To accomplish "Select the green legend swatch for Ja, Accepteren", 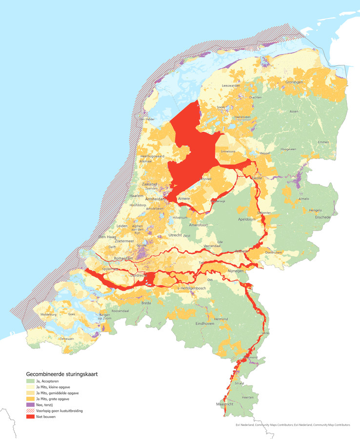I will pos(31,381).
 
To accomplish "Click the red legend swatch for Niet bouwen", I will pos(31,417).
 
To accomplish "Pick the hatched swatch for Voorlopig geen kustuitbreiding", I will pos(31,411).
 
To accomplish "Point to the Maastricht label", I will pos(225,404).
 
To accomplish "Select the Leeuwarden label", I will pos(232,85).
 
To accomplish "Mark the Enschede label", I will pos(322,217).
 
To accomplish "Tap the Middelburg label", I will pos(49,315).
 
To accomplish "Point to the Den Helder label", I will pos(148,119).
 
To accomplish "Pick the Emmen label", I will pos(323,142).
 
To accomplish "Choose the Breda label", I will pos(146,303).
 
